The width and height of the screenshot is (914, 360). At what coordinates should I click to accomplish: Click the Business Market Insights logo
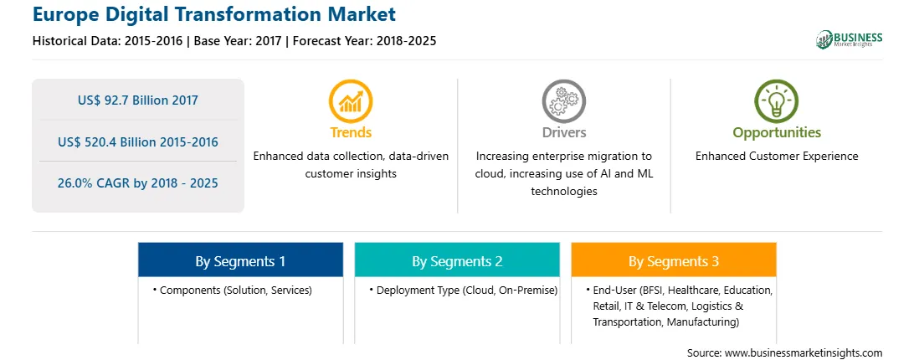pos(849,39)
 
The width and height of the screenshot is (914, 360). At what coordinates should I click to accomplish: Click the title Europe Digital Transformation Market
pos(214,14)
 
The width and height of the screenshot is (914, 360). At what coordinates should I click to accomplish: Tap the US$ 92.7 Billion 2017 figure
pos(137,100)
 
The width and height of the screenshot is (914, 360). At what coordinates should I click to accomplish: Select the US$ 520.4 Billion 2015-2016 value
pos(137,141)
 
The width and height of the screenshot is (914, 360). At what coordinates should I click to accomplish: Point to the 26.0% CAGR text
pos(137,183)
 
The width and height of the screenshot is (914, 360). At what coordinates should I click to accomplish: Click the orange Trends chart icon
pos(351,101)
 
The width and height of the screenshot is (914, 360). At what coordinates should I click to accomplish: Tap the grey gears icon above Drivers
pos(563,101)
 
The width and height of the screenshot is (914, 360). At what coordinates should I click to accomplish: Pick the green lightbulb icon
pos(777,101)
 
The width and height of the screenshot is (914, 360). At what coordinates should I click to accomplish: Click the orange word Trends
pos(351,132)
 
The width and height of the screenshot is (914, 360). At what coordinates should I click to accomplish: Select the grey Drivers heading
pos(563,132)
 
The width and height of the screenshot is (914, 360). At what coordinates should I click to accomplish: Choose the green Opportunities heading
pos(777,132)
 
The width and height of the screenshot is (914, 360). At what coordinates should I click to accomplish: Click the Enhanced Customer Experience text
pos(777,157)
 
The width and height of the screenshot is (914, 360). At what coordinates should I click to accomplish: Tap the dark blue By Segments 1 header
pos(240,261)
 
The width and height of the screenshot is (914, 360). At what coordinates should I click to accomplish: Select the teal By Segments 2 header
pos(457,261)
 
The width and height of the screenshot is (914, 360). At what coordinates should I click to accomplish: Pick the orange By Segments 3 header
pos(673,261)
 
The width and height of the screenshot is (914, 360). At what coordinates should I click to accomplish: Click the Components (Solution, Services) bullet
pos(233,290)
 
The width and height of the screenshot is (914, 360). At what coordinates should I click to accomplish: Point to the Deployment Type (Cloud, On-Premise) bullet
pos(464,290)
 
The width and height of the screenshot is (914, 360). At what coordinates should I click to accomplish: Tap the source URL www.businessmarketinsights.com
pos(804,353)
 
